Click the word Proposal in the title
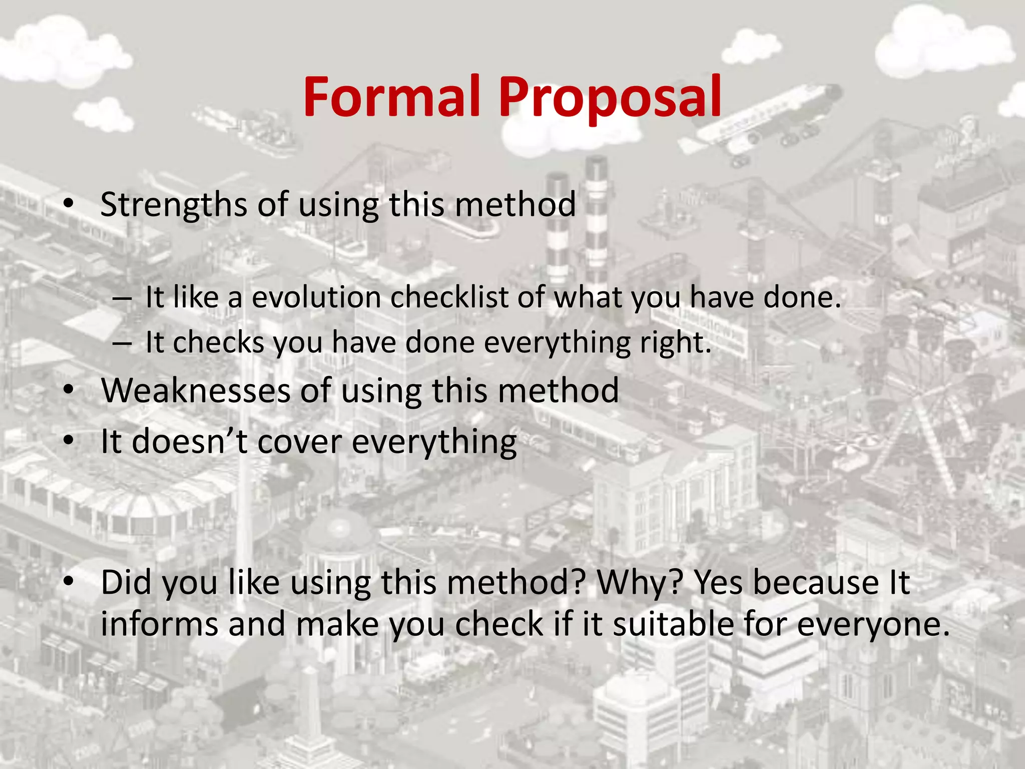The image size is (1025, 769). coord(610,98)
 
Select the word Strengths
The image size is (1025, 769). coord(173,205)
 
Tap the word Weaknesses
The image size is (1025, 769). coord(196,391)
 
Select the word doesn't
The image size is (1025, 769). coord(190,442)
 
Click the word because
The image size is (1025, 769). coord(816,583)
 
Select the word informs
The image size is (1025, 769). coord(159,624)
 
